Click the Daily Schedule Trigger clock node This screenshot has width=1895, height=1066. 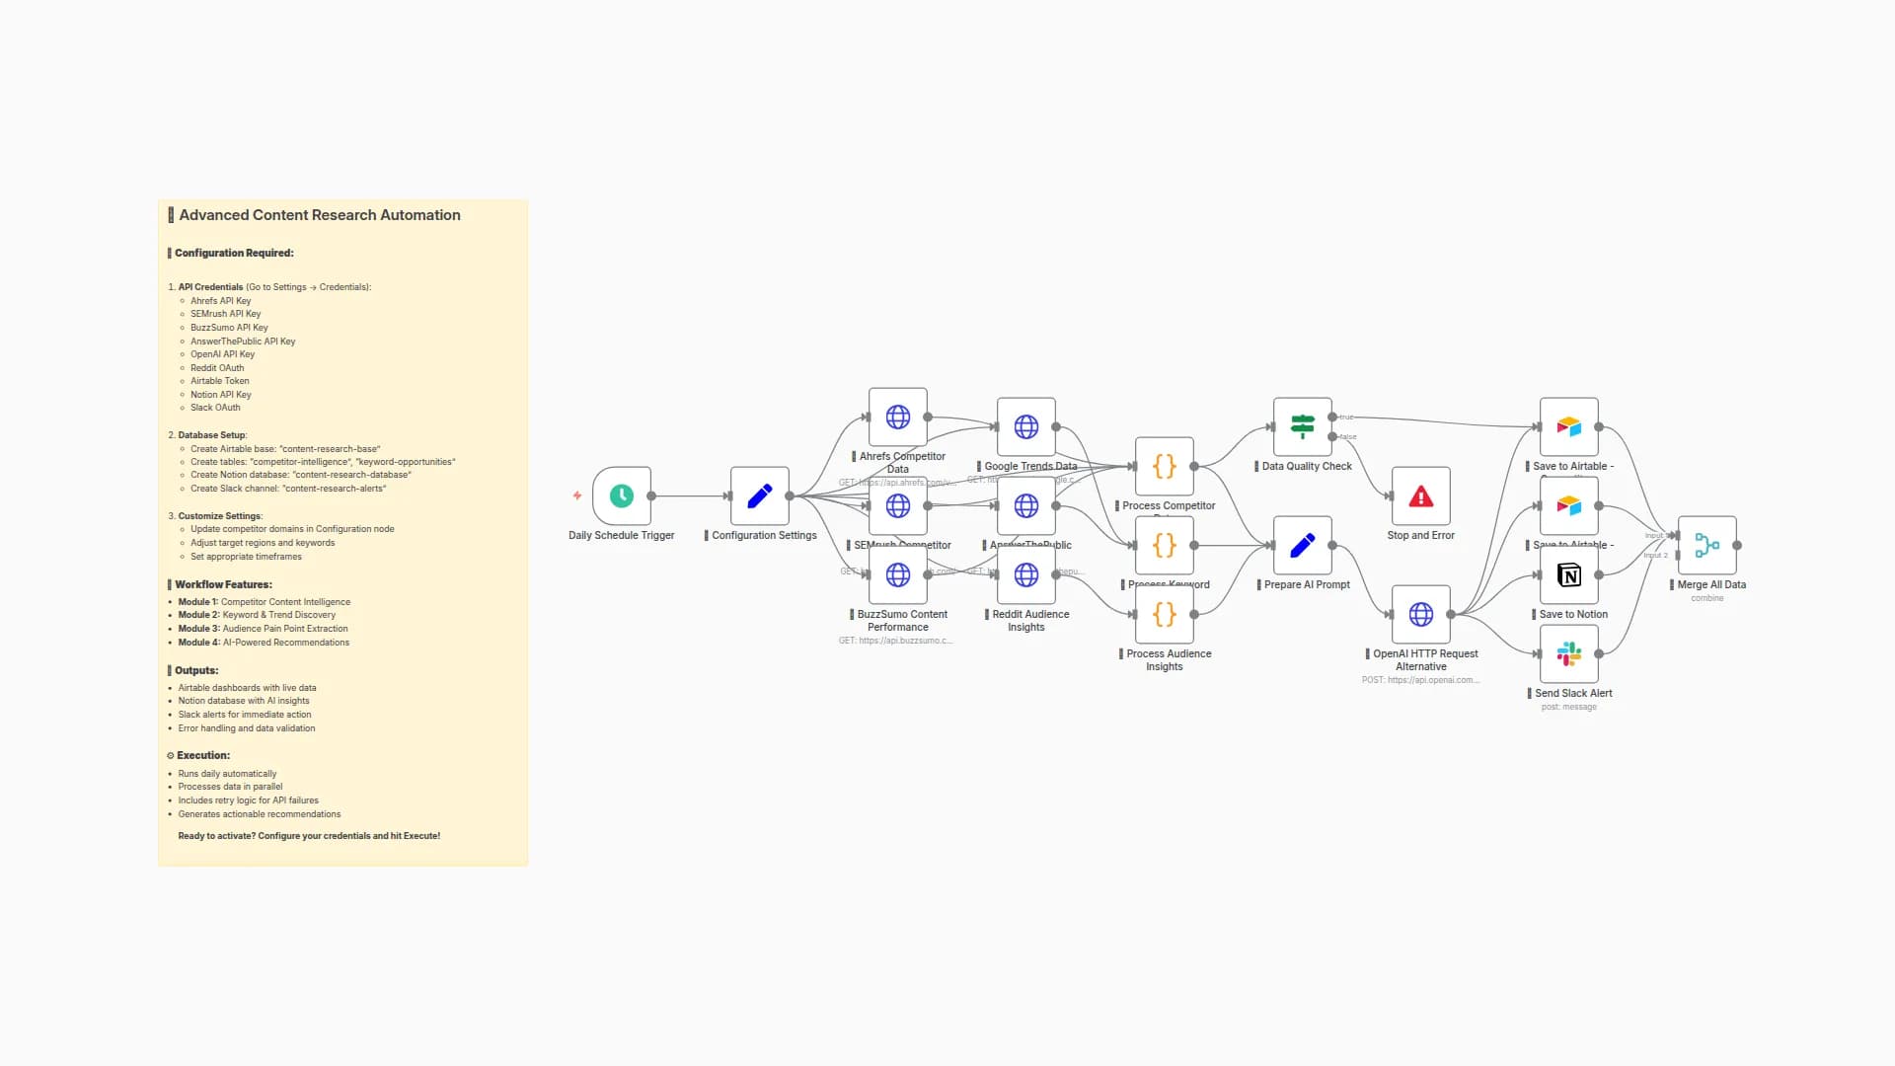[621, 495]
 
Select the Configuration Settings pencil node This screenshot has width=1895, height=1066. [759, 495]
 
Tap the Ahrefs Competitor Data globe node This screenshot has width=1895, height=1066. [897, 417]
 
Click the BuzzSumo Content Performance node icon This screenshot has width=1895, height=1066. [897, 574]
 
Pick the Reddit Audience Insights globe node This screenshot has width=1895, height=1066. [1025, 574]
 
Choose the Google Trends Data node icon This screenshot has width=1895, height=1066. [1025, 426]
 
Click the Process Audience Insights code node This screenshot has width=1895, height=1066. [1164, 614]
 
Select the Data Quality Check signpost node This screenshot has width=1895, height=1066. [1302, 426]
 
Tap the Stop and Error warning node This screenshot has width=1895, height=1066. [1420, 495]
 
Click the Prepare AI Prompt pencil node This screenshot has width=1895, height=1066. [1302, 545]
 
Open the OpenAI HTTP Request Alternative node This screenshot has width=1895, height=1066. [1420, 614]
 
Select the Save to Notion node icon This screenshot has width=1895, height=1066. [1568, 574]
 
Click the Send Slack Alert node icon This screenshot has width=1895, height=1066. [1568, 653]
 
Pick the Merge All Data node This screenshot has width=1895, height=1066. [1706, 545]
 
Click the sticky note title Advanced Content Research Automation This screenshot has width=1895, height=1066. [319, 215]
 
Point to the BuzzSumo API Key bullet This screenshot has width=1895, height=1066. [229, 328]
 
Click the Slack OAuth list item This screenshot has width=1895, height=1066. [215, 408]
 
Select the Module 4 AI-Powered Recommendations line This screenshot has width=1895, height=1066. [264, 643]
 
